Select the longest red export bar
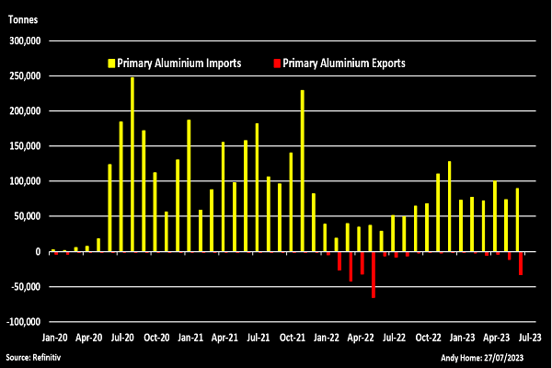click(374, 274)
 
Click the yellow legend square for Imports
click(111, 63)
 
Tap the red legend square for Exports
click(277, 63)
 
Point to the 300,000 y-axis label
click(25, 40)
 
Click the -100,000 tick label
click(23, 322)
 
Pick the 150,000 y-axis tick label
click(25, 146)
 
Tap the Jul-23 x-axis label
click(531, 337)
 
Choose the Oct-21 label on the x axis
click(293, 337)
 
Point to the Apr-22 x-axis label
click(361, 337)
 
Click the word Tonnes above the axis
click(23, 17)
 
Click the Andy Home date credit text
click(497, 356)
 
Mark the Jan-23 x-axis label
click(463, 337)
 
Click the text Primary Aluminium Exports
click(344, 63)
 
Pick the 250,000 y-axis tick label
click(25, 76)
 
